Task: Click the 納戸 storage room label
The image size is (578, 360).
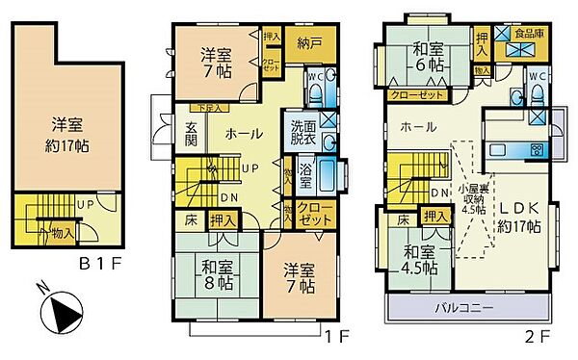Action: pyautogui.click(x=308, y=42)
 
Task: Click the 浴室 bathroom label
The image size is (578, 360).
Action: pyautogui.click(x=305, y=175)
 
